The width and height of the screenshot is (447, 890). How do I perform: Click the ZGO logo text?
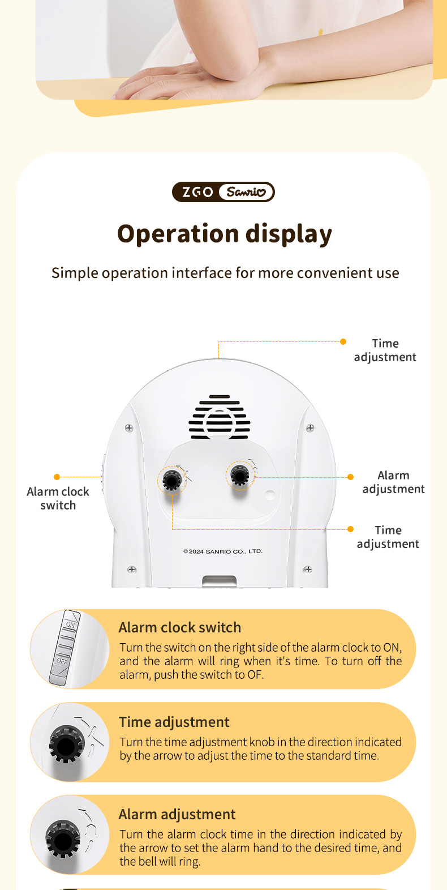(197, 192)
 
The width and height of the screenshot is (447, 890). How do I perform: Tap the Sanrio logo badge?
(246, 192)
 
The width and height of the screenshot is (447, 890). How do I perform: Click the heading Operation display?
(224, 234)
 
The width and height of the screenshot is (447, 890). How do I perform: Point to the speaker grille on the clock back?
(220, 417)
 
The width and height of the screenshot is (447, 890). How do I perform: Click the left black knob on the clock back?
(171, 480)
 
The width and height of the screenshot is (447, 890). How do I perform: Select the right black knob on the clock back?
(240, 475)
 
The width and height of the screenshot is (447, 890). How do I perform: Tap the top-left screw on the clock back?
(129, 428)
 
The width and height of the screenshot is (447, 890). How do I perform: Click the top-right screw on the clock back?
(311, 428)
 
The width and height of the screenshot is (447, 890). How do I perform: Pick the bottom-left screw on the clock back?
(132, 570)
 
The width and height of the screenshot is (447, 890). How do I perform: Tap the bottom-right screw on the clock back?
(308, 570)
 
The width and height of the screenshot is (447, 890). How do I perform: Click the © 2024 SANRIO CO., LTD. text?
(223, 551)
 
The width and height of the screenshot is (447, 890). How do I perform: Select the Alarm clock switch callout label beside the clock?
(58, 498)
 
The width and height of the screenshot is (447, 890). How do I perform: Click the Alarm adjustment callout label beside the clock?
(393, 482)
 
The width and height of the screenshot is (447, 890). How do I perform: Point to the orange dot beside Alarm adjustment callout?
(351, 477)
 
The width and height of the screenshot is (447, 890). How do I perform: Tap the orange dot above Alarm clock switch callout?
(57, 477)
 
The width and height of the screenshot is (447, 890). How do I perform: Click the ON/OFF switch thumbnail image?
(70, 649)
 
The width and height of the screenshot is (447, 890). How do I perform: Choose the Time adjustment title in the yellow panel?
(174, 722)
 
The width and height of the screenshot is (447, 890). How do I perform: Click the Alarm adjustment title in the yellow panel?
(177, 815)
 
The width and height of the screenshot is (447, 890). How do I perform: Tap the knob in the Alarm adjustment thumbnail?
(63, 839)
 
